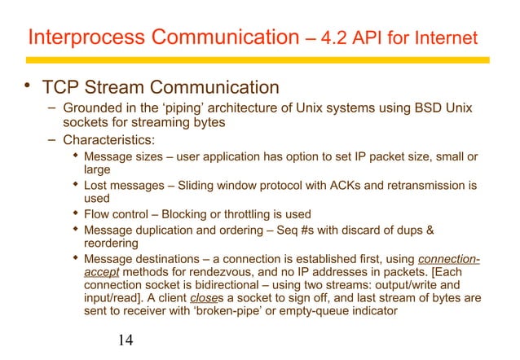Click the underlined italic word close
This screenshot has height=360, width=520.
point(200,304)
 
